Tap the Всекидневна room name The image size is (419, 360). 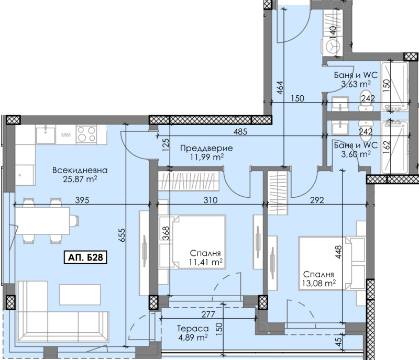point(80,170)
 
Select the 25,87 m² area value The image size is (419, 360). point(80,179)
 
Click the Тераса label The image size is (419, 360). point(193,328)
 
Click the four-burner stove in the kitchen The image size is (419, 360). point(86,135)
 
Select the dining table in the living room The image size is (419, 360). point(43,221)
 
